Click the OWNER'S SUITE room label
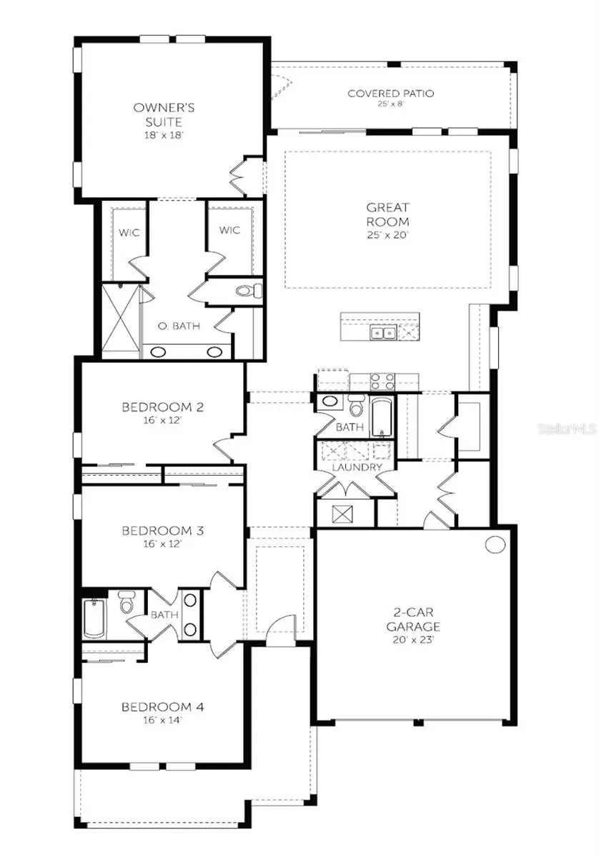coord(164,114)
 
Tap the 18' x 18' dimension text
coord(164,135)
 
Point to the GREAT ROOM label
coord(389,215)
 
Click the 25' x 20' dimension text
coord(389,236)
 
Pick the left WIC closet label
coord(129,231)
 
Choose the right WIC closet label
coord(230,231)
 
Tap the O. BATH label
coord(179,326)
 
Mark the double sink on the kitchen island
coord(382,332)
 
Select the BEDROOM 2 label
coord(163,408)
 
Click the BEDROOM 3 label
coord(163,531)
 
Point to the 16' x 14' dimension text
coord(163,721)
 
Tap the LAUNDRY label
coord(356,467)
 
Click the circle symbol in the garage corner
coord(495,544)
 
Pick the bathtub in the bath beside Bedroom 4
coord(95,618)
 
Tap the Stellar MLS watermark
coord(568,429)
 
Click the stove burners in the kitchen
coord(382,381)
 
